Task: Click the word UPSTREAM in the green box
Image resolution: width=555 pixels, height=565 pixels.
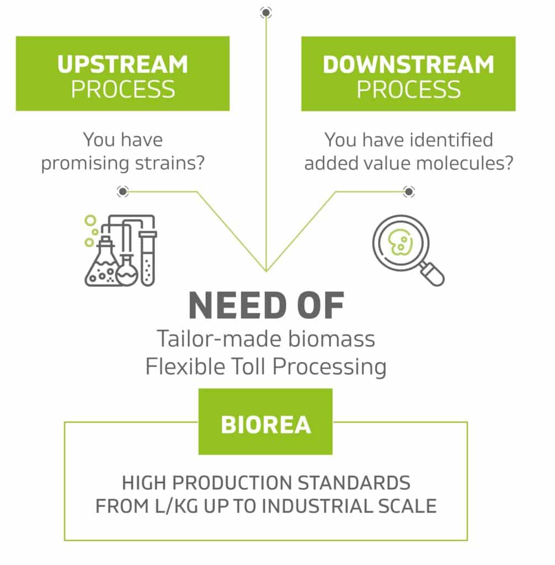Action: tap(122, 65)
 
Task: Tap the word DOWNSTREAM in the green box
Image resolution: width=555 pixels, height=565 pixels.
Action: tap(408, 65)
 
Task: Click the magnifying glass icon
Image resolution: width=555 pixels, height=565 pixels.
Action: tap(408, 250)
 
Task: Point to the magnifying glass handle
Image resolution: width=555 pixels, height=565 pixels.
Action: tap(432, 274)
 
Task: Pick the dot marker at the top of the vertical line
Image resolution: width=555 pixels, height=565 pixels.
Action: tap(266, 13)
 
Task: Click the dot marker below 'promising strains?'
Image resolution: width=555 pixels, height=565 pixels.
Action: tap(122, 191)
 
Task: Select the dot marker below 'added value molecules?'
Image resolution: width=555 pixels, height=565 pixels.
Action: tap(408, 191)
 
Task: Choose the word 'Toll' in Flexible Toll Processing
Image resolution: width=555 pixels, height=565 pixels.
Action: tap(249, 366)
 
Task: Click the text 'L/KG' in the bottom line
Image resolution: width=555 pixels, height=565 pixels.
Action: tap(177, 506)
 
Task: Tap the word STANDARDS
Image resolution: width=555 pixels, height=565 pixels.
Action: tap(354, 483)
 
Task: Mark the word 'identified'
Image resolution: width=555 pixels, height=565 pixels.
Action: tap(451, 140)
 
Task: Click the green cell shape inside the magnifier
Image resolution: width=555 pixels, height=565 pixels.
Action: tap(400, 242)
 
